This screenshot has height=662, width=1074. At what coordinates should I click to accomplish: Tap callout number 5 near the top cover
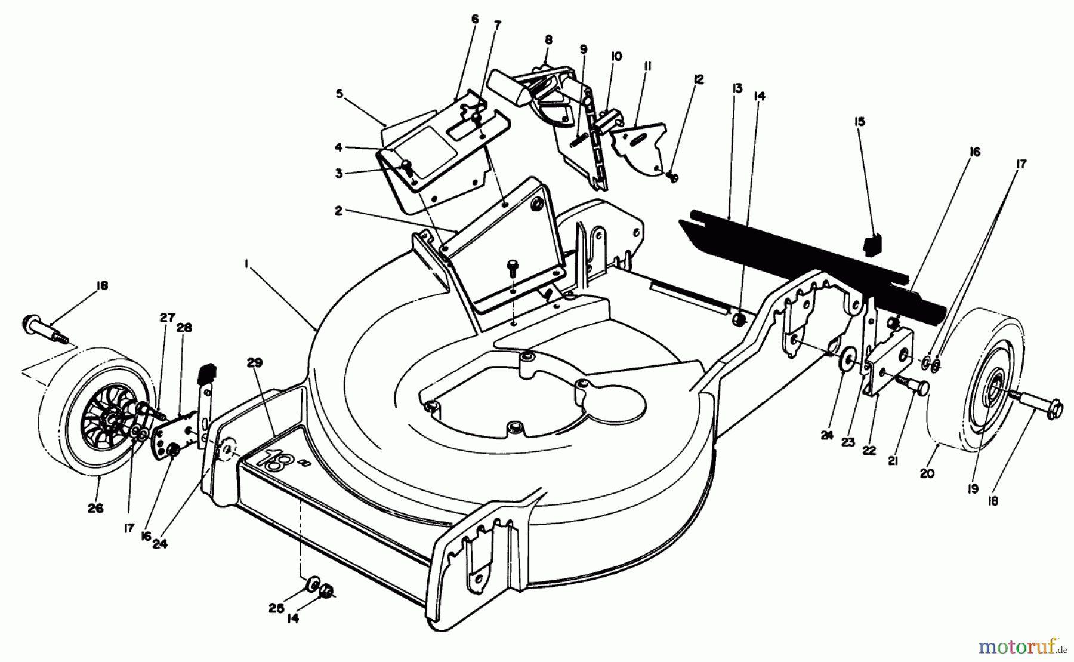point(340,93)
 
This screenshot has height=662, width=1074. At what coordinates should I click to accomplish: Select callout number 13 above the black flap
point(737,88)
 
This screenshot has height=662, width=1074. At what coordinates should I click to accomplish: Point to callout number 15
point(859,122)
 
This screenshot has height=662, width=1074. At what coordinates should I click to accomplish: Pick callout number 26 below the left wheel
point(95,508)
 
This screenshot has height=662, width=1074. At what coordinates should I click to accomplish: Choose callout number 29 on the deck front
point(255,363)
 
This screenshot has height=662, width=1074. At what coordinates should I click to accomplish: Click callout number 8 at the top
point(548,40)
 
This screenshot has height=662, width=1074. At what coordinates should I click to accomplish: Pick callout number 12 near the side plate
point(699,79)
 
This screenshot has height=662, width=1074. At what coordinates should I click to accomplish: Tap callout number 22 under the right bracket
point(869,451)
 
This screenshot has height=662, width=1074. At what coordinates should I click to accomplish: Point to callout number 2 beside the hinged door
point(338,211)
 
